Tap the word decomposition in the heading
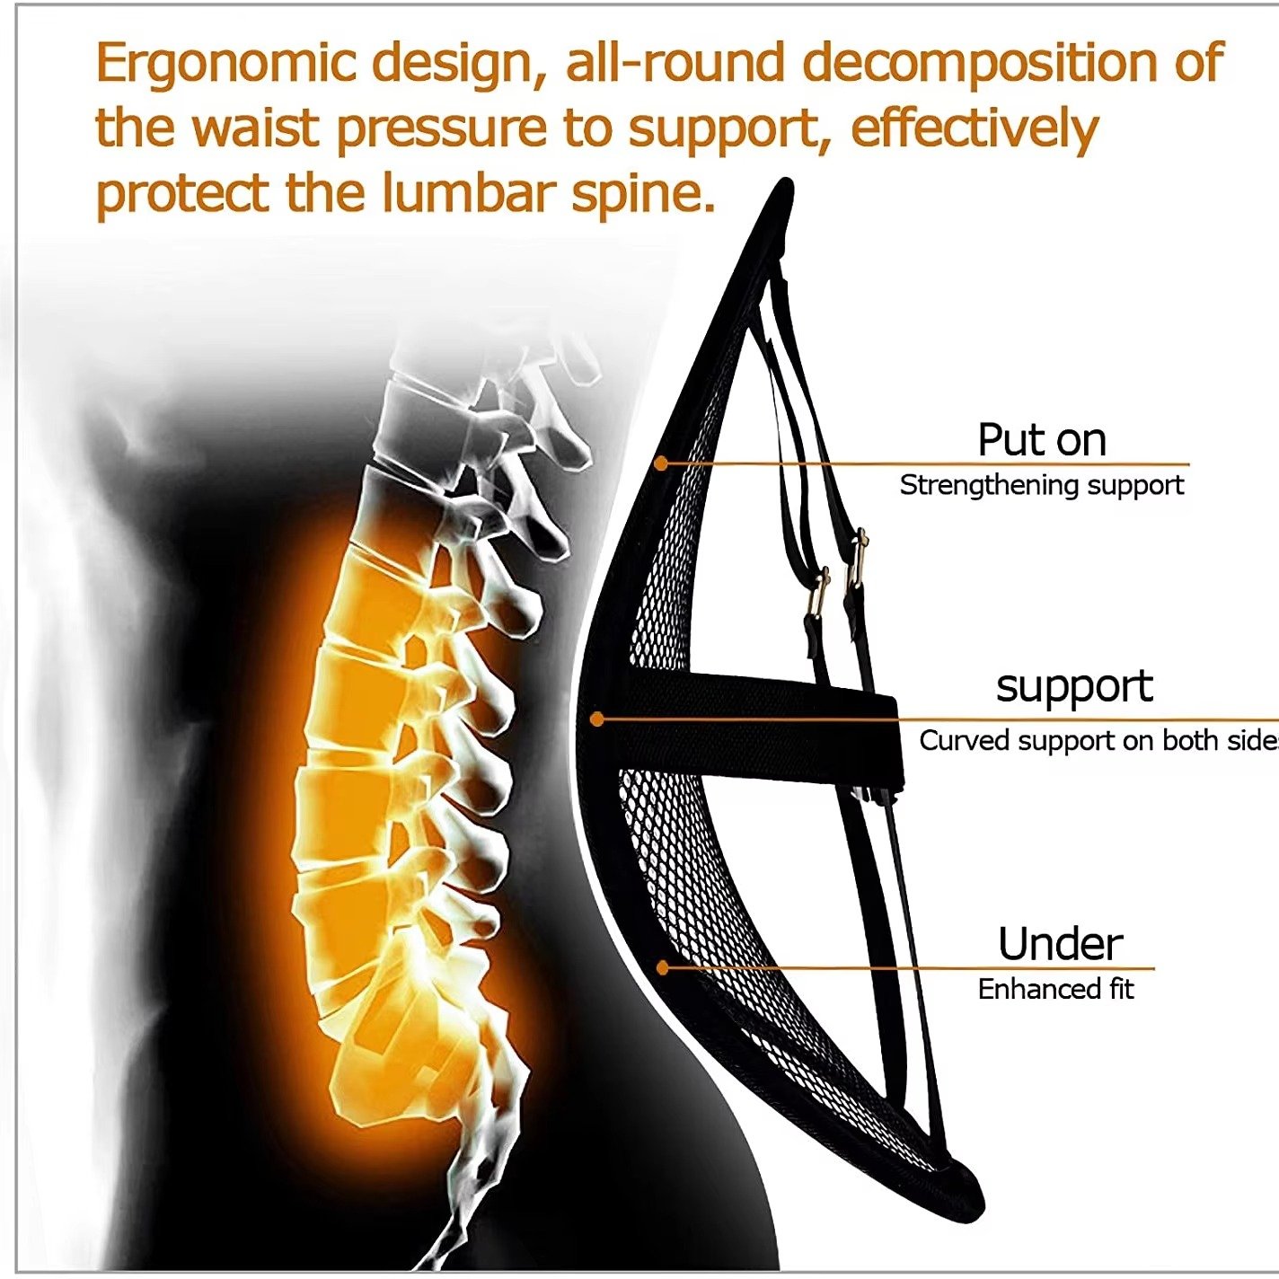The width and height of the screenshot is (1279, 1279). [987, 63]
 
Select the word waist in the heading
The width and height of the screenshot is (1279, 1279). [256, 128]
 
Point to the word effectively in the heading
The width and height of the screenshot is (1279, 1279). [975, 128]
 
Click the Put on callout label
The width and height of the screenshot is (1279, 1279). [1041, 440]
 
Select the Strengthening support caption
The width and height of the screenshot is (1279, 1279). [1041, 485]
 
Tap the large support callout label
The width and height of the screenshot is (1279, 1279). [1074, 687]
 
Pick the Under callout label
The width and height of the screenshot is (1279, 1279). [1060, 944]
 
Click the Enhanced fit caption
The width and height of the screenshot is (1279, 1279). [1055, 989]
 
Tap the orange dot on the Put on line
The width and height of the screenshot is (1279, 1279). [661, 463]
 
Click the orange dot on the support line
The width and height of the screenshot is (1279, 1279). [597, 719]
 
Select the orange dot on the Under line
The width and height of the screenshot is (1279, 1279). [663, 967]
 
